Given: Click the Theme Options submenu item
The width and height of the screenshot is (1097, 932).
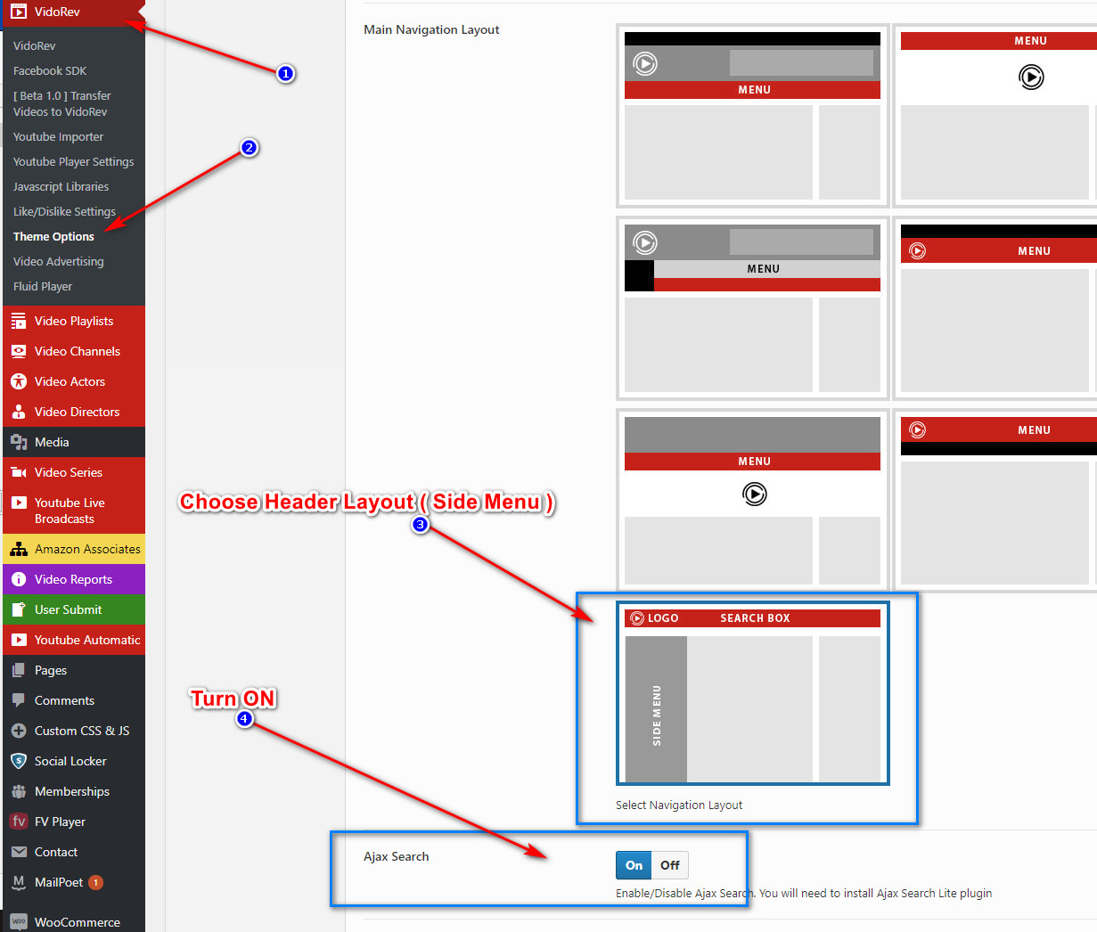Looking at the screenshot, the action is pos(53,237).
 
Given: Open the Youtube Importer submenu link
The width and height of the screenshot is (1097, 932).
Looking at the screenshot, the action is pos(59,137).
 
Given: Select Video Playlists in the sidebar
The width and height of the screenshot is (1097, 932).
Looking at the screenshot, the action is pos(74,321).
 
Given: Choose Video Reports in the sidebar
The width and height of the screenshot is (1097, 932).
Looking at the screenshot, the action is pos(74,579).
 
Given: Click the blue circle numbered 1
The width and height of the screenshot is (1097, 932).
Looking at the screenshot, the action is pos(285,73).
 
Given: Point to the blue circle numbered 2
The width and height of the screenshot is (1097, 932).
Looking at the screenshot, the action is pos(249,148).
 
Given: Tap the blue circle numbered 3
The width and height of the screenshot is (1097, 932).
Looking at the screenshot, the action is pos(420,525).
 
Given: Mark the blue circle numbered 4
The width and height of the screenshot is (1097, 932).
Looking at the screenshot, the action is pos(244,719).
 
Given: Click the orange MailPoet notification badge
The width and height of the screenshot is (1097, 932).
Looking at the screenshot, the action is pos(95,882).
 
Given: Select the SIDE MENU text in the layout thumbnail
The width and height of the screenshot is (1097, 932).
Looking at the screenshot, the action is pos(657,715).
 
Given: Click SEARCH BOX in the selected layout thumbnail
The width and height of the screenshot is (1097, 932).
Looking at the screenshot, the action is pos(755,617).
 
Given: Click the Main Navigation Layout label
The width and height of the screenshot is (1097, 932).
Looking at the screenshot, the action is pos(431,29).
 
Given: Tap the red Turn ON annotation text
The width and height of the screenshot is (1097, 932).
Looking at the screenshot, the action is pos(233,699).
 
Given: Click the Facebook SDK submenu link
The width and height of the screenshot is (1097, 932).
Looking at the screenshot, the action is pos(50,70).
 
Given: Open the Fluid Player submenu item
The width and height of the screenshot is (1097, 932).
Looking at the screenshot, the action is pos(43,287).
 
